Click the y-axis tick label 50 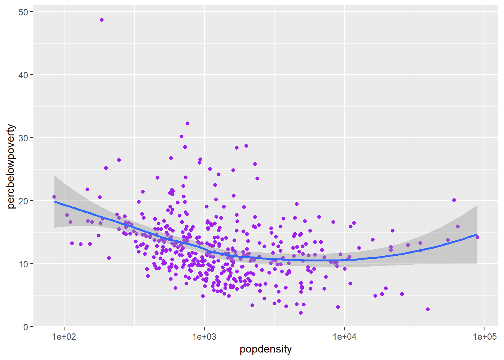coord(23,12)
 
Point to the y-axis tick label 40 coord(23,75)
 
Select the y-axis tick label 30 coord(23,138)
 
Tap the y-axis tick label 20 coord(23,201)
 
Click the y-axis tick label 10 coord(23,264)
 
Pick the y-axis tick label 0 coord(25,327)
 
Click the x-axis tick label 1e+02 coord(64,337)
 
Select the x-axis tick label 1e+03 coord(204,337)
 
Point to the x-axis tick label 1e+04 coord(345,337)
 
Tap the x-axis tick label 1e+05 coord(484,337)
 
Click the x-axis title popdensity coord(266,349)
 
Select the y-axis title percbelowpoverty coord(11,166)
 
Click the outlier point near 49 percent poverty coord(102,20)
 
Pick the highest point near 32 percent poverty coord(187,123)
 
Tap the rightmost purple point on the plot coord(477,237)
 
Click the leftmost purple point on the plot coord(54,197)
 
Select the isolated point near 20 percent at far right coord(454,200)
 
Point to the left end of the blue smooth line coord(55,202)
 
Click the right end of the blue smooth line coord(477,235)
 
